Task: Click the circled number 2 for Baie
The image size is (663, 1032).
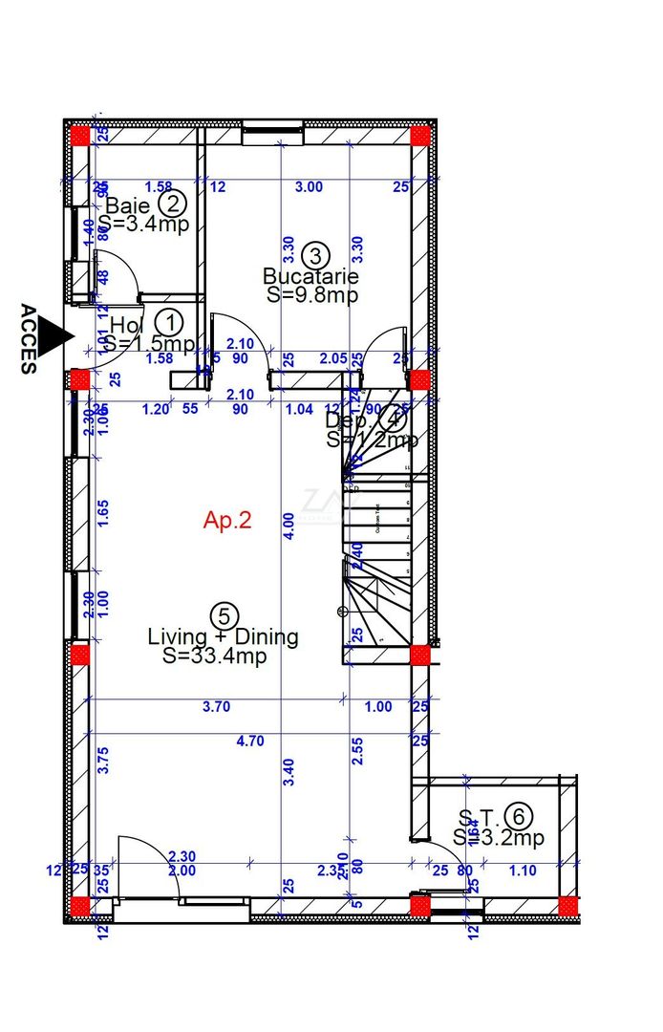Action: (x=173, y=203)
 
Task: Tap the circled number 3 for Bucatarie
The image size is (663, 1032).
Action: (x=315, y=255)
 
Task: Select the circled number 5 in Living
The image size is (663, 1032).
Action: (x=222, y=615)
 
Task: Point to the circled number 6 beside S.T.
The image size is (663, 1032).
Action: (x=519, y=816)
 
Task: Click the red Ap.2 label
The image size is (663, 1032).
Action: (x=227, y=520)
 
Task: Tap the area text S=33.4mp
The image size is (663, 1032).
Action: (x=214, y=656)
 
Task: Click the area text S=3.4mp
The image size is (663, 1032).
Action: (x=143, y=225)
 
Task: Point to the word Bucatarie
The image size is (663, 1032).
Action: (x=311, y=276)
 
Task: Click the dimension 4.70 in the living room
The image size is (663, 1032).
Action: (x=250, y=741)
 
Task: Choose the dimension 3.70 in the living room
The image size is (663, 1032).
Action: (x=218, y=707)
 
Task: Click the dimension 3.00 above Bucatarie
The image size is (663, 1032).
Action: (x=309, y=187)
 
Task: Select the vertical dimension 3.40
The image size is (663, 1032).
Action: (x=289, y=771)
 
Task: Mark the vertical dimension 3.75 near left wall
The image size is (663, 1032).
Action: (x=104, y=760)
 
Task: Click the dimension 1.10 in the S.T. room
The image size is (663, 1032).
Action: (x=523, y=871)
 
